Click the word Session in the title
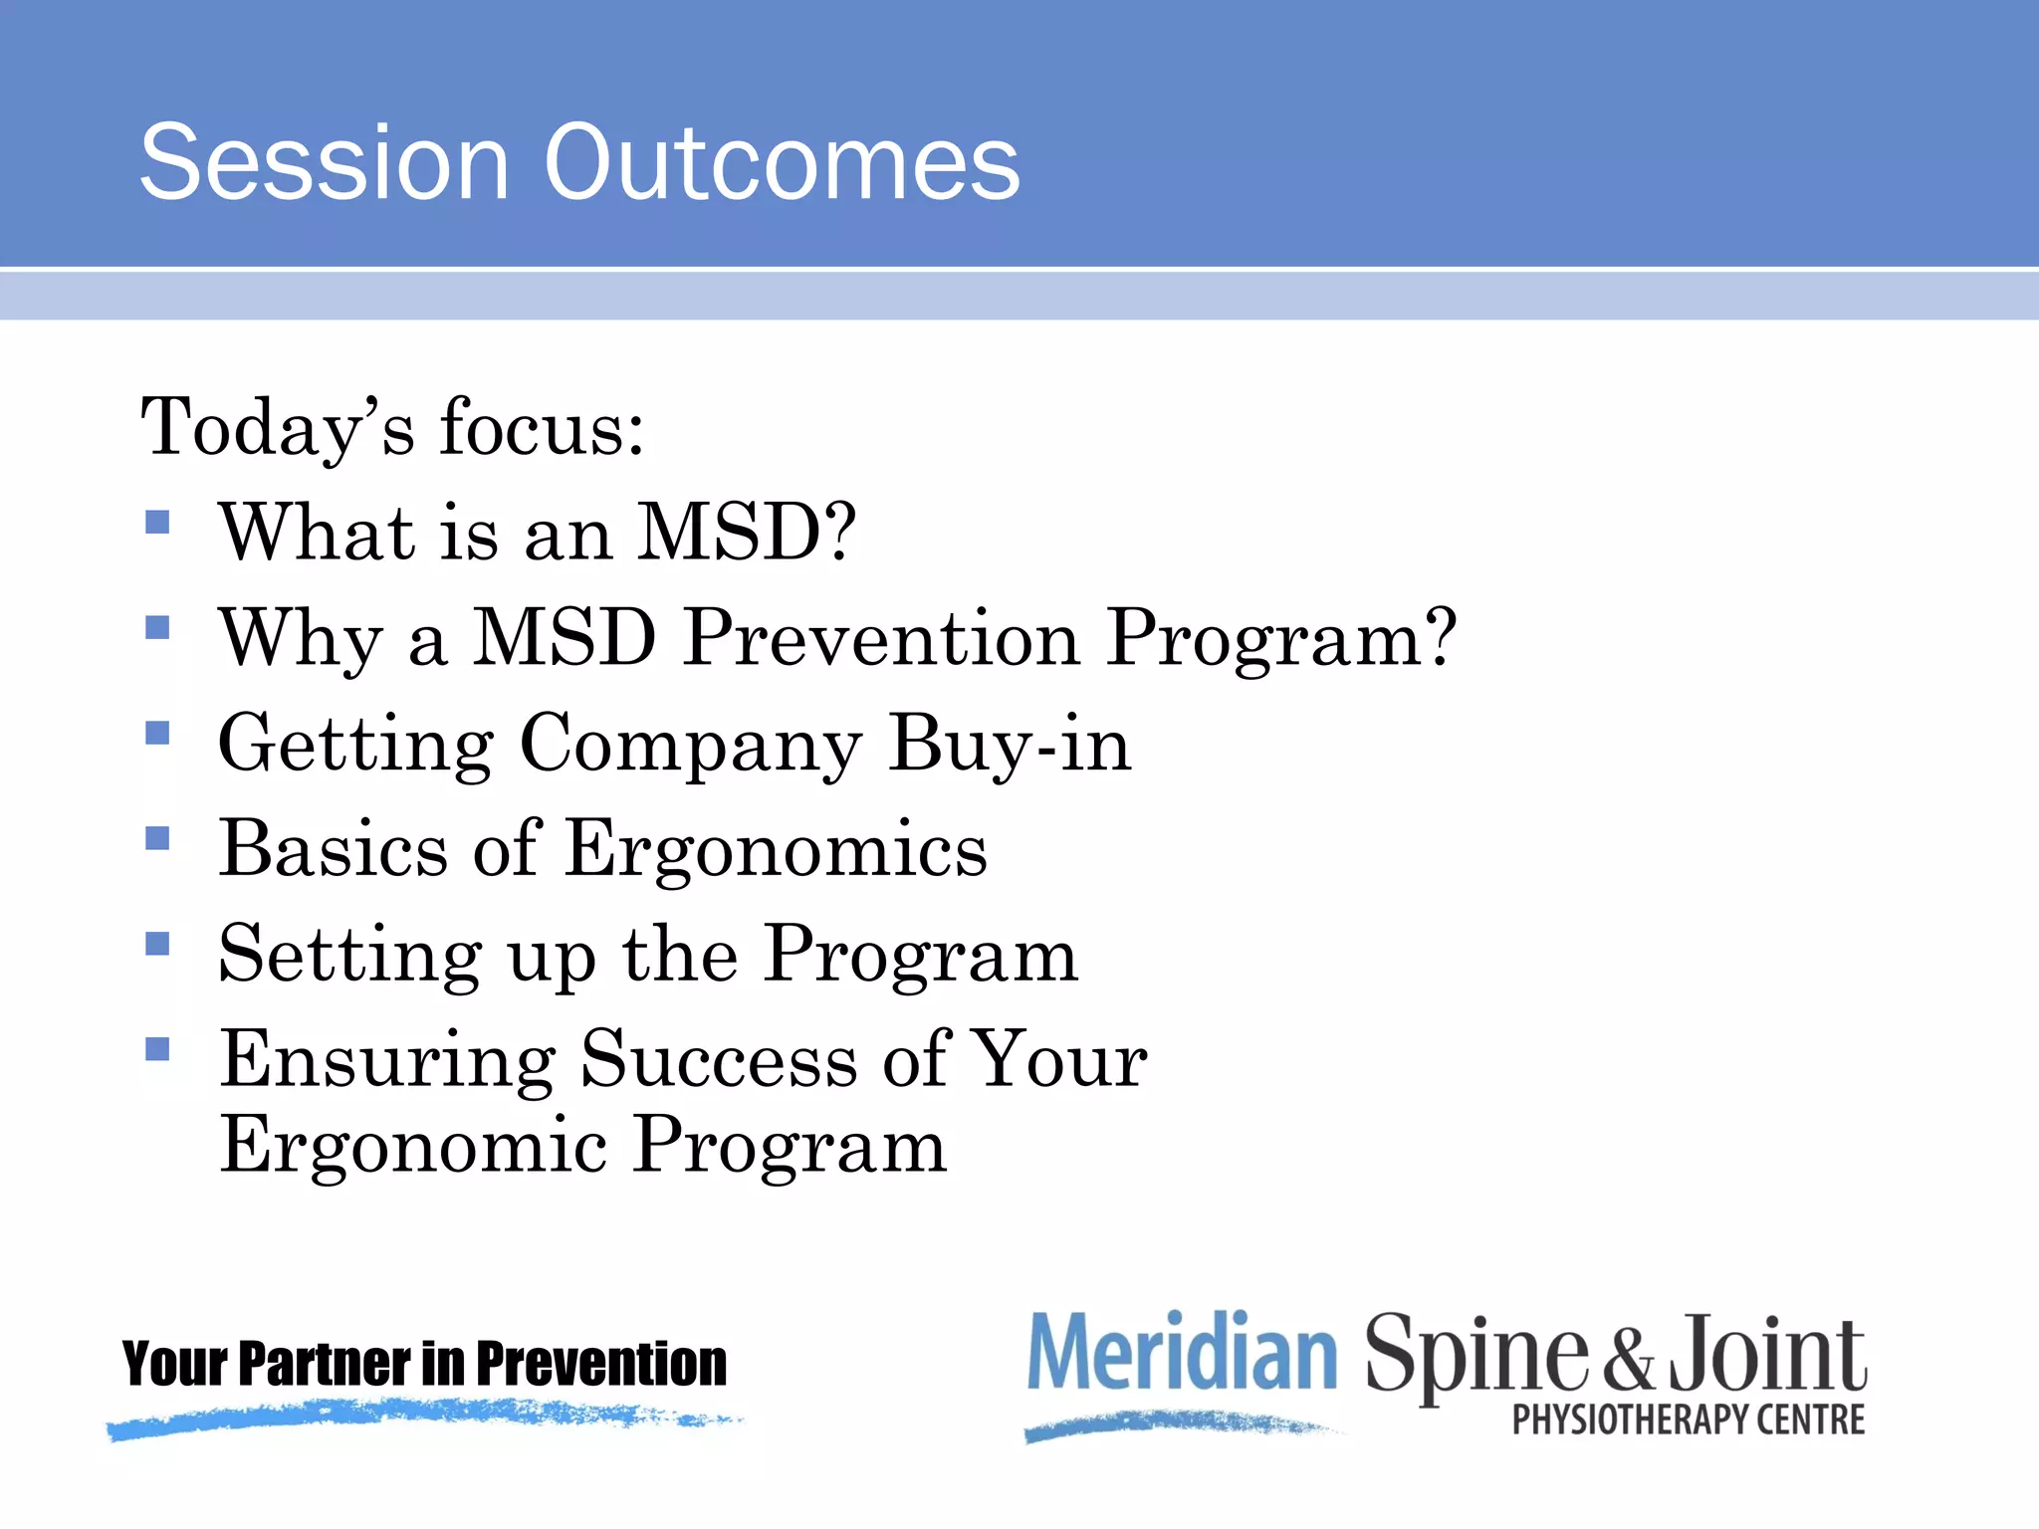point(325,162)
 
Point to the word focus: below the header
point(543,428)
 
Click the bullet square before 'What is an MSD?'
point(157,522)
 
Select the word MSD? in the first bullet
point(747,533)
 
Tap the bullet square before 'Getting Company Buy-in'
point(157,733)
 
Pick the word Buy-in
point(1011,744)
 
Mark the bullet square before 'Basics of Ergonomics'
point(157,838)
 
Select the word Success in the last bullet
point(719,1060)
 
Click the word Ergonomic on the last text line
point(414,1147)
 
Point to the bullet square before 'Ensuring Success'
point(157,1048)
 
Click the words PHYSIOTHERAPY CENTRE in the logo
point(1689,1420)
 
